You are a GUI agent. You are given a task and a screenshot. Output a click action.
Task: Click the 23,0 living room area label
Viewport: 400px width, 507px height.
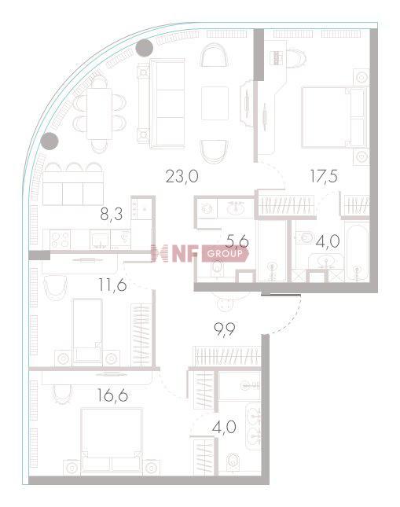coord(181,176)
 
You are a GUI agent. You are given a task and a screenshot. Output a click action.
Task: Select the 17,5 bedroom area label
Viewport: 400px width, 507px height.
coord(323,176)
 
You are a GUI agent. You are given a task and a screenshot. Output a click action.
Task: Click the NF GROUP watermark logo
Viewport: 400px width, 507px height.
coord(192,254)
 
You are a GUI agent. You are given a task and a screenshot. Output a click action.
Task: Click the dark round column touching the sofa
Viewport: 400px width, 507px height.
coord(144,49)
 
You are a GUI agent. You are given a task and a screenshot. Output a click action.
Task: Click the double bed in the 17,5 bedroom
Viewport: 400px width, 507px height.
coord(333,116)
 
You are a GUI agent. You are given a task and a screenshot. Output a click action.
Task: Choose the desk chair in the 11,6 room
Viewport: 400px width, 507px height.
coord(53,288)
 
